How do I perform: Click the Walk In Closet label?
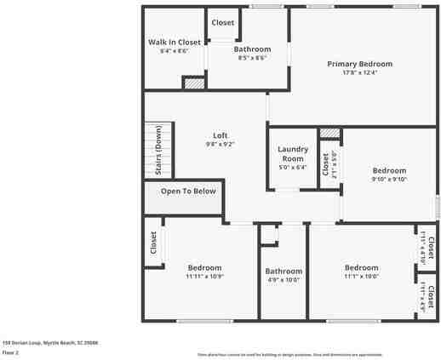(x=174, y=42)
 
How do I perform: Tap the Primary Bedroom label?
(x=359, y=64)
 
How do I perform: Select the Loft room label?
(x=220, y=135)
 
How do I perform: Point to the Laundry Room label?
(x=292, y=154)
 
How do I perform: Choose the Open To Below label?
(x=188, y=191)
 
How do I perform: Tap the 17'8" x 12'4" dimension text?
(x=359, y=72)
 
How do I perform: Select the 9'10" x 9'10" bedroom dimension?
(x=389, y=180)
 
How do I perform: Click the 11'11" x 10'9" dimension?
(x=204, y=276)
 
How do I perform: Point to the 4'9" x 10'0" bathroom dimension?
(x=283, y=279)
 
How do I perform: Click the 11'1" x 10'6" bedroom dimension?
(x=361, y=276)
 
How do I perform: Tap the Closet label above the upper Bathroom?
(x=223, y=23)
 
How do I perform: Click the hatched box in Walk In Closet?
(x=194, y=83)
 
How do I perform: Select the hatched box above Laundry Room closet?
(x=330, y=134)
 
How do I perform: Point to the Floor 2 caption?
(x=10, y=351)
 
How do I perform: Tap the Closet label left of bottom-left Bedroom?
(x=154, y=243)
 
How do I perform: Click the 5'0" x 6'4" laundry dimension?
(x=292, y=168)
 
